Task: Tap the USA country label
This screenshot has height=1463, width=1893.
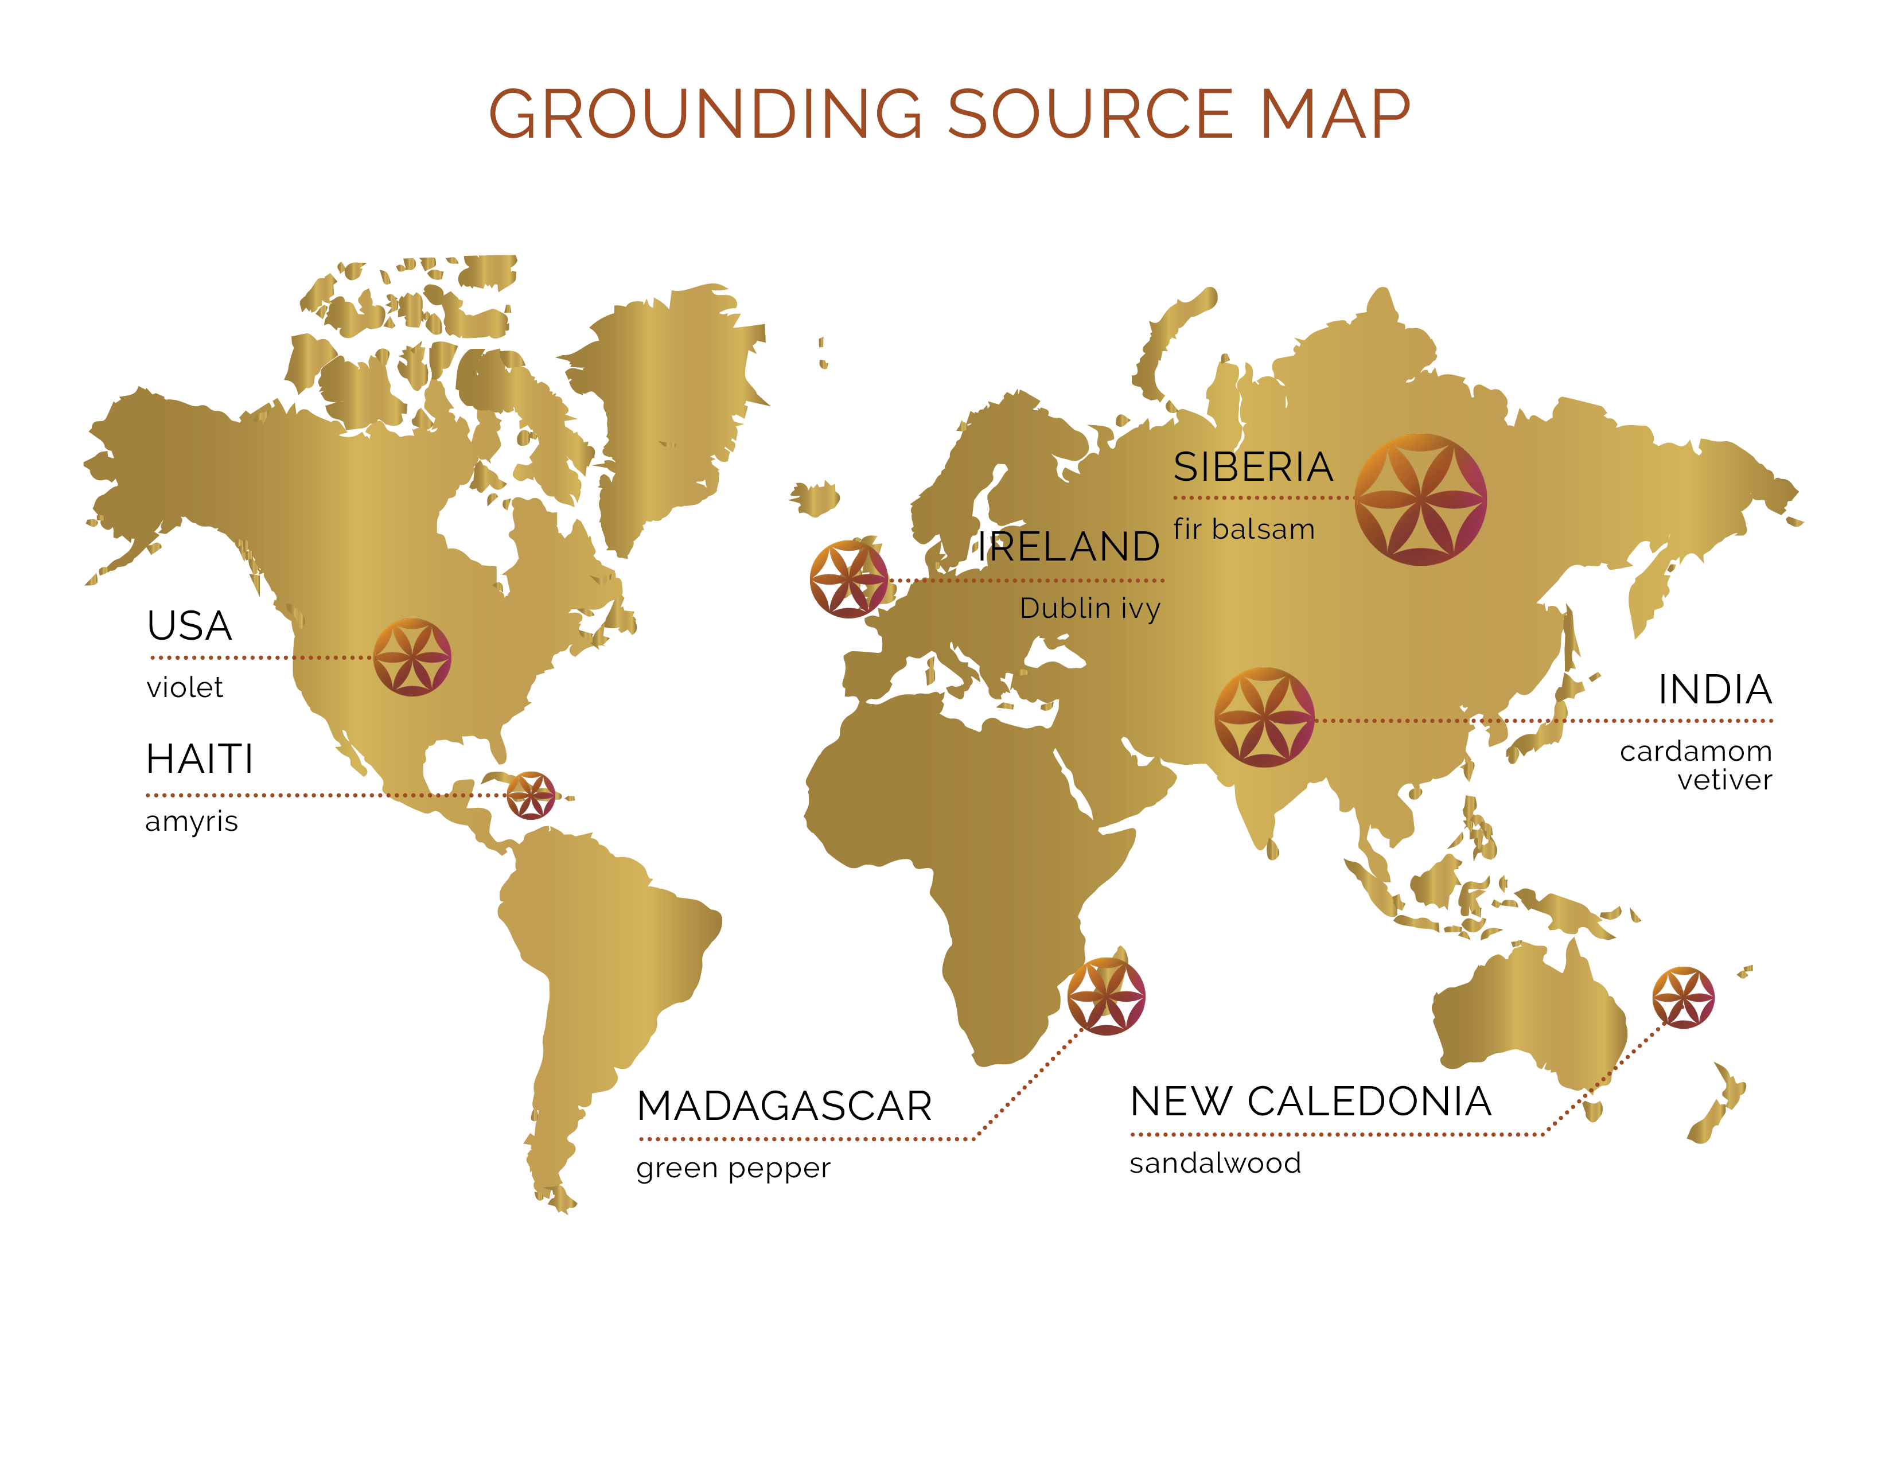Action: coord(189,626)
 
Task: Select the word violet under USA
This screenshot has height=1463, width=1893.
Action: coord(185,687)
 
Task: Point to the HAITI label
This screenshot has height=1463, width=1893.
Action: coord(200,759)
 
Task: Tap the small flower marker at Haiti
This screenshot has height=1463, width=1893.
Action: coord(531,795)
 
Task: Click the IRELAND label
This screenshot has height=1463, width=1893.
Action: coord(1068,547)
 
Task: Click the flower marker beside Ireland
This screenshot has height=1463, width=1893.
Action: coord(848,579)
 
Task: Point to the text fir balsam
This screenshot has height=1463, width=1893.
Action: coord(1244,529)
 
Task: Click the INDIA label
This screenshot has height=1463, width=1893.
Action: coord(1715,690)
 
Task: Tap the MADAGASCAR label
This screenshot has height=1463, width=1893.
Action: coord(784,1106)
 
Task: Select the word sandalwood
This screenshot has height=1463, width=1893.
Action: coord(1215,1163)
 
